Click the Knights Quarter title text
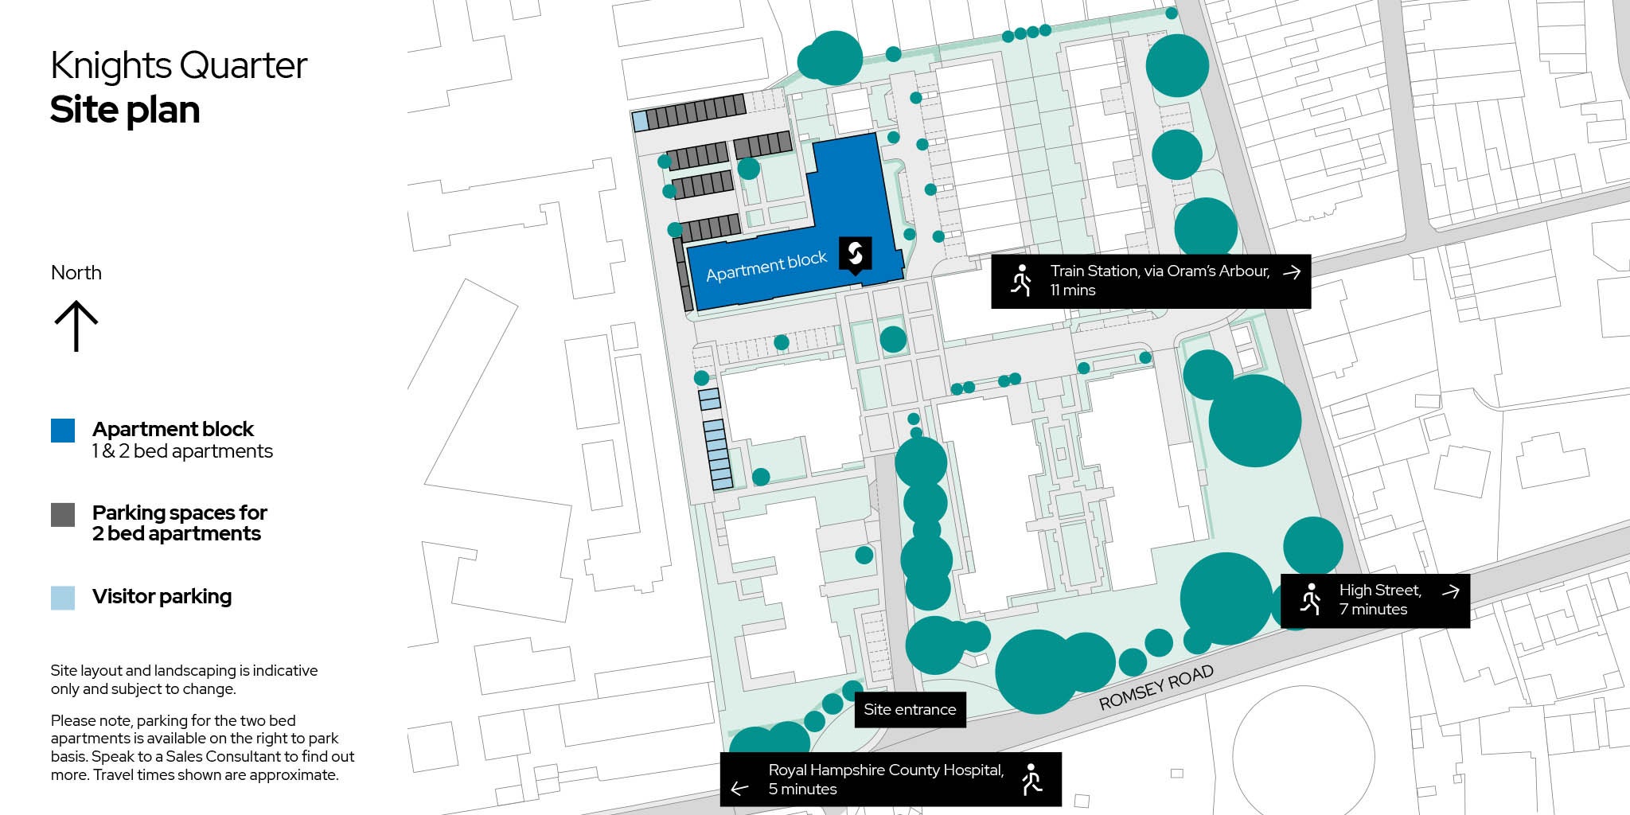coord(178,66)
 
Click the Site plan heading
coord(125,110)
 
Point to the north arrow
coord(76,326)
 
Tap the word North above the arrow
coord(76,273)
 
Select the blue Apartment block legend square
coord(63,431)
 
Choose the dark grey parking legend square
coord(63,514)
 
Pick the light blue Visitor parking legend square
coord(63,598)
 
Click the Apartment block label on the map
coord(766,266)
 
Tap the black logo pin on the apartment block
coord(856,254)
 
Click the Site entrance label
coord(910,709)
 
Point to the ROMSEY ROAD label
coord(1156,687)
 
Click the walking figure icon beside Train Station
coord(1021,281)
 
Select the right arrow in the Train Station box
coord(1291,272)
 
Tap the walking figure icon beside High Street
coord(1310,599)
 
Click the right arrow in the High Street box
coord(1450,591)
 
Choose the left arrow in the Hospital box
coord(739,789)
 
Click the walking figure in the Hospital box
coord(1031,780)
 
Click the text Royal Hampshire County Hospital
coord(886,770)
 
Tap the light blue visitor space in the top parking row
coord(640,122)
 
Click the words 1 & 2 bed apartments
coord(182,451)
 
